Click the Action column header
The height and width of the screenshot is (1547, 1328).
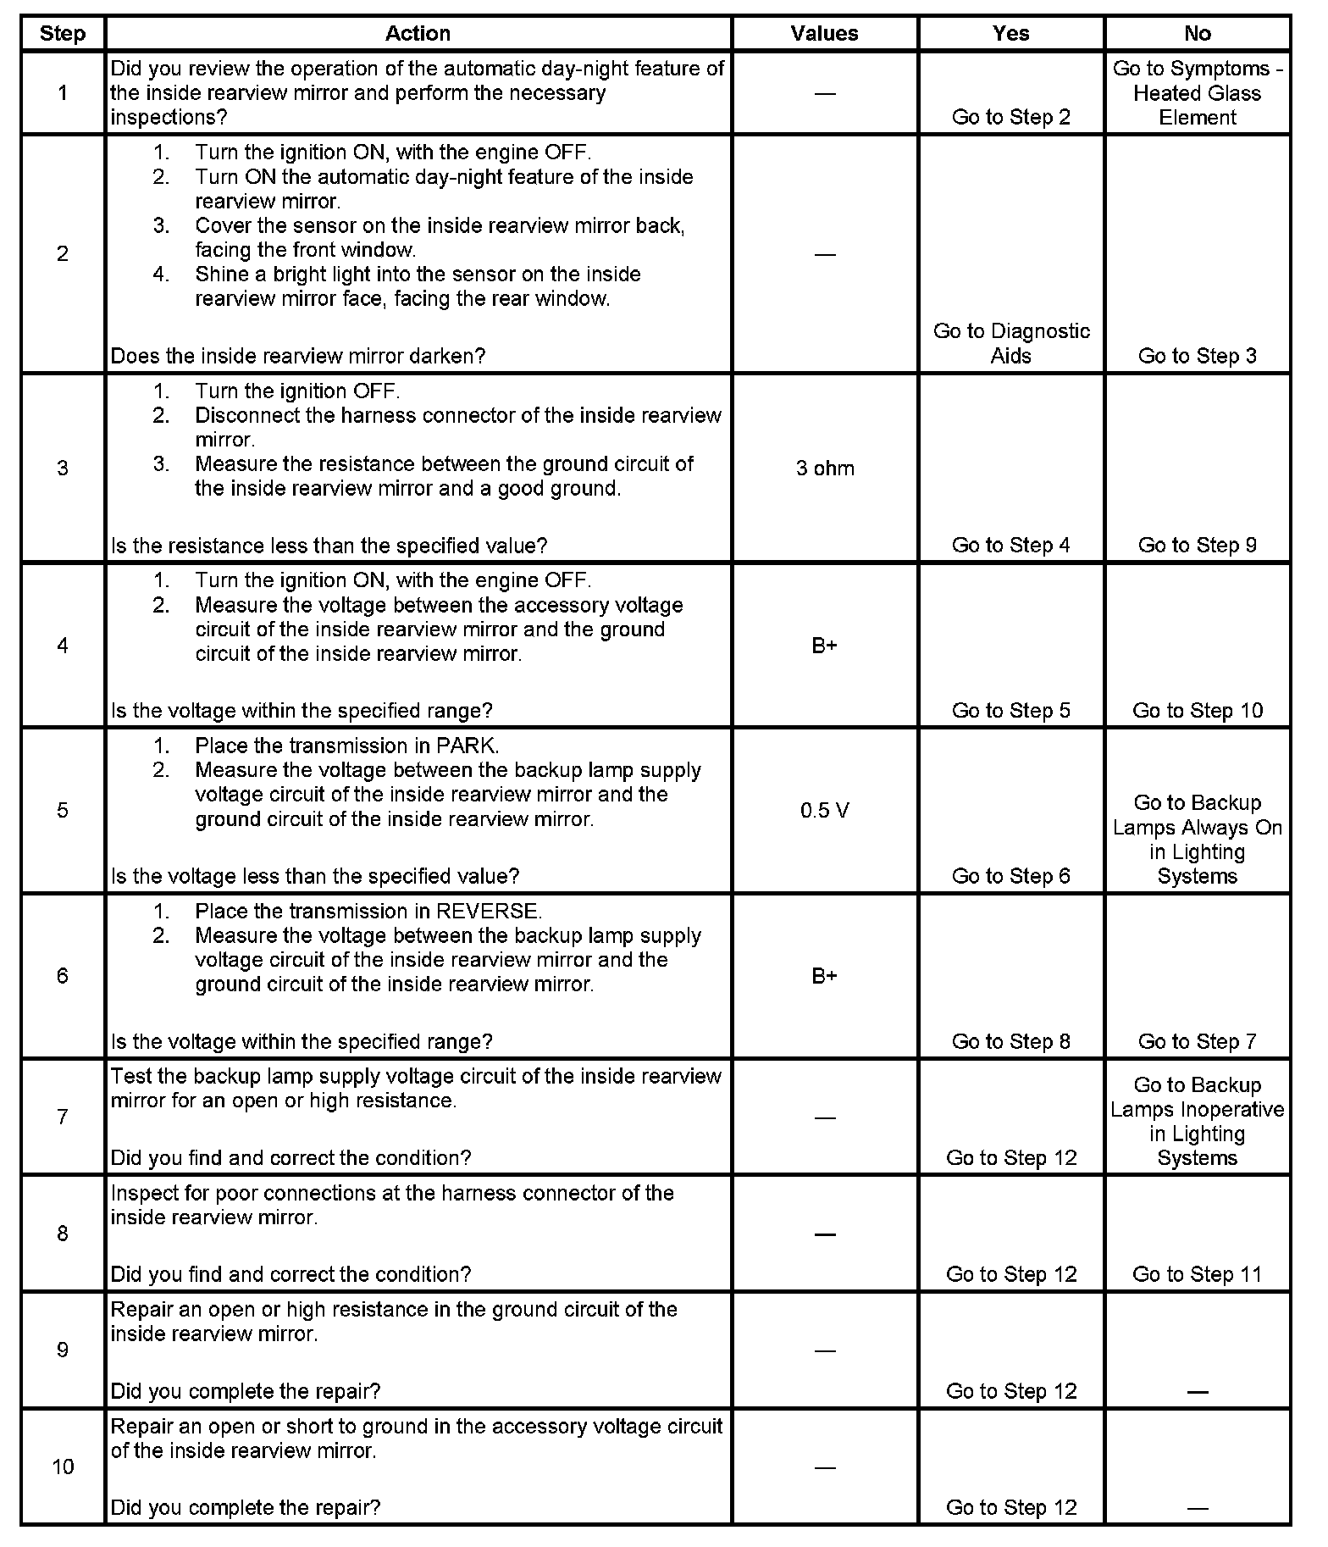(418, 34)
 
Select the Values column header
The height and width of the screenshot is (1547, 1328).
(824, 34)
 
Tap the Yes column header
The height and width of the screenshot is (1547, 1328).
(1010, 34)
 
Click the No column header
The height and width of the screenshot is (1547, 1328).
(1197, 34)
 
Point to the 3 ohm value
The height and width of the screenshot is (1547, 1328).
(825, 469)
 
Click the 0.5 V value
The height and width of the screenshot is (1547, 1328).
(825, 811)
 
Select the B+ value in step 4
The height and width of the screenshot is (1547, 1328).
(825, 646)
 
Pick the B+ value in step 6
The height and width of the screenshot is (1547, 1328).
(825, 976)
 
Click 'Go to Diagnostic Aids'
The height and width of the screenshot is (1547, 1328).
(1011, 343)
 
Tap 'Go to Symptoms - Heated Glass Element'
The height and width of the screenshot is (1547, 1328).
(1197, 93)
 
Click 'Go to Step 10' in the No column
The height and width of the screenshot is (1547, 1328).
(1197, 711)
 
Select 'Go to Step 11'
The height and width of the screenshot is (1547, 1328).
(1197, 1274)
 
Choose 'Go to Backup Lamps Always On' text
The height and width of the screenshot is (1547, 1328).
(1197, 815)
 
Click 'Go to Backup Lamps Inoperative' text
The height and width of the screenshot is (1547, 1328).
(1197, 1097)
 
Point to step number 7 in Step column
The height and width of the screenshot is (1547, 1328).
(63, 1117)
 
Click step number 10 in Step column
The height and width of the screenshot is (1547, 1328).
(63, 1467)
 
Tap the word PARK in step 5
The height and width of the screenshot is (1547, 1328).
(467, 746)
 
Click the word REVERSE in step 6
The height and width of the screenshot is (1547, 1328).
(488, 912)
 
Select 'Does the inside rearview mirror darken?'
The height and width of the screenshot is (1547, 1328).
(298, 356)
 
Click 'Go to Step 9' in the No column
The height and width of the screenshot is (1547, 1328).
(1197, 546)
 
